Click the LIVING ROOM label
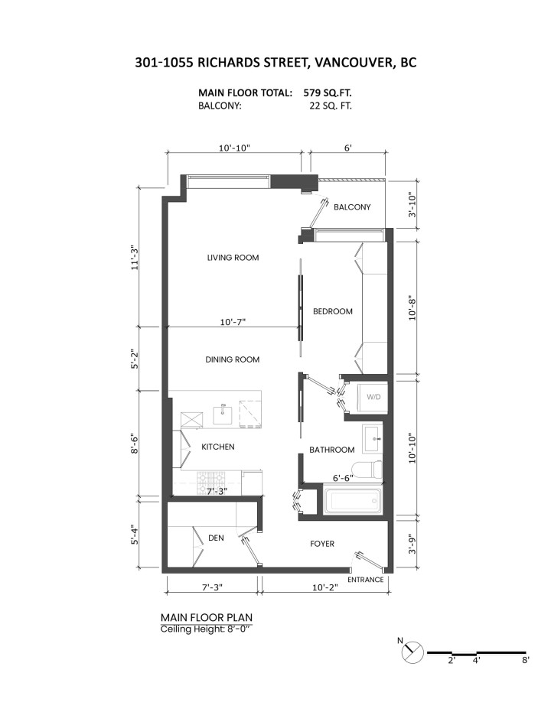pos(233,258)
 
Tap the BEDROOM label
pos(332,311)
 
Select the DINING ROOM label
pos(232,359)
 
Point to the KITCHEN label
pos(218,447)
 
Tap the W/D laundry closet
pos(373,397)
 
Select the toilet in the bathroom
pos(369,469)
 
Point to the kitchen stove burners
pos(209,482)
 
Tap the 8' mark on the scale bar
pos(526,661)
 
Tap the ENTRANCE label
pos(365,580)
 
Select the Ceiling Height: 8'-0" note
pos(206,629)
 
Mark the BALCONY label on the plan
pos(352,207)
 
